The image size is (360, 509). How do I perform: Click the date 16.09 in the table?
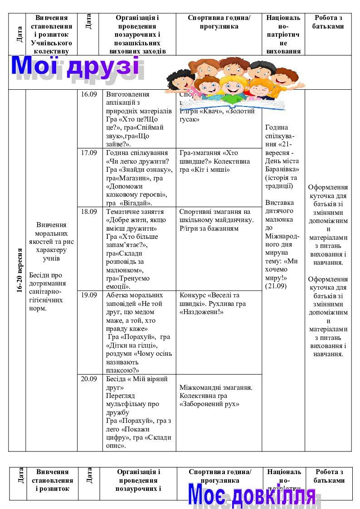pos(89,95)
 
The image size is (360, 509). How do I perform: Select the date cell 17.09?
pos(89,153)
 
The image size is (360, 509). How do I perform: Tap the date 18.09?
pos(89,211)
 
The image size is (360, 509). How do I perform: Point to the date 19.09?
pos(89,295)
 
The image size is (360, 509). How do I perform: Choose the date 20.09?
pos(89,379)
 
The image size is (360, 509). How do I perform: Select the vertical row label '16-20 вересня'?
pos(19,271)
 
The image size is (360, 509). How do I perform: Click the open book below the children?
pos(231,105)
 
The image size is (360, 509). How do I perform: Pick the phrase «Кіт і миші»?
pos(211,170)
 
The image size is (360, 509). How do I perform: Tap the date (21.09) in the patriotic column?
pos(276,286)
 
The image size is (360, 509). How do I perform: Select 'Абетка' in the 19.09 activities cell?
pos(117,295)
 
